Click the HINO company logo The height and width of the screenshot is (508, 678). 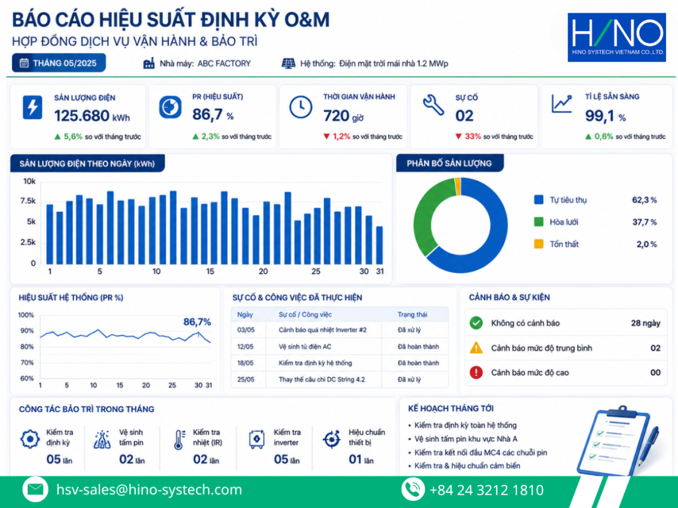click(616, 37)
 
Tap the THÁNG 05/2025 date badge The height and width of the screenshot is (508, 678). click(59, 63)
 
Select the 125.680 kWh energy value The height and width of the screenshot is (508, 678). click(91, 116)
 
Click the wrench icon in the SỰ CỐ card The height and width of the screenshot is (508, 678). click(433, 105)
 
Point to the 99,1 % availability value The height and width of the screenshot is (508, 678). click(605, 116)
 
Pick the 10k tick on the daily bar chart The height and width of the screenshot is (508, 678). click(29, 181)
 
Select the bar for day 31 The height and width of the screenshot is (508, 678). click(379, 245)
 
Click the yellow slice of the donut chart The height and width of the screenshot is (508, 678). click(458, 186)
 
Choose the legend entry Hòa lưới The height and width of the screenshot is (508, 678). click(564, 222)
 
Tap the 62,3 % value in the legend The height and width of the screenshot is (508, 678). click(644, 200)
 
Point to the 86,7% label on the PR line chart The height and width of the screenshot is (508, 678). click(197, 322)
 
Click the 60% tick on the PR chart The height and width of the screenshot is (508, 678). click(26, 378)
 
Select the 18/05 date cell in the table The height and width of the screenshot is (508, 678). click(245, 363)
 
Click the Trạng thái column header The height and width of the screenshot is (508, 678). click(412, 314)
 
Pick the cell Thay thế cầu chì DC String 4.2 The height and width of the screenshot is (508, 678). click(322, 380)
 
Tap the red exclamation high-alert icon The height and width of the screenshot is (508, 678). click(476, 372)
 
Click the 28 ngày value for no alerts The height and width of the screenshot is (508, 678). click(646, 323)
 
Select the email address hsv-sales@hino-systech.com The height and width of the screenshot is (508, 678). click(149, 490)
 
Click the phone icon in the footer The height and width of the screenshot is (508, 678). click(412, 489)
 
